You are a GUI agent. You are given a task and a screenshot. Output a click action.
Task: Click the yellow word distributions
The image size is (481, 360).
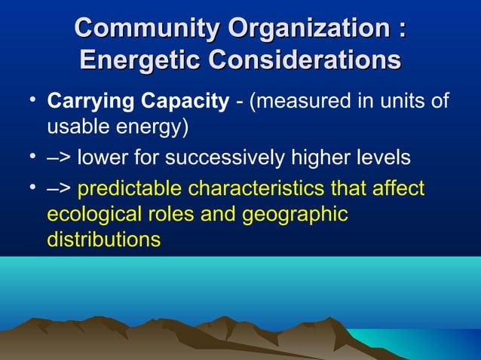(103, 240)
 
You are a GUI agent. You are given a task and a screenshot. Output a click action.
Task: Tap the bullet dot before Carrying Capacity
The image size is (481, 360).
(31, 102)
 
